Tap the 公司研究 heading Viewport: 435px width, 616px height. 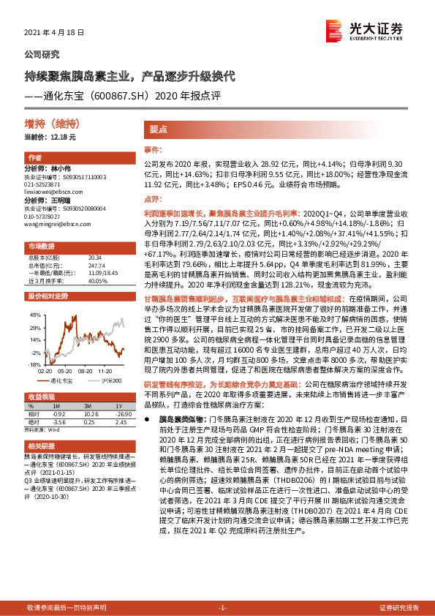42,54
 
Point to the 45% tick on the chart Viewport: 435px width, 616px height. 36,314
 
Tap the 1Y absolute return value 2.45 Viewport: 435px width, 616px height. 120,422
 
